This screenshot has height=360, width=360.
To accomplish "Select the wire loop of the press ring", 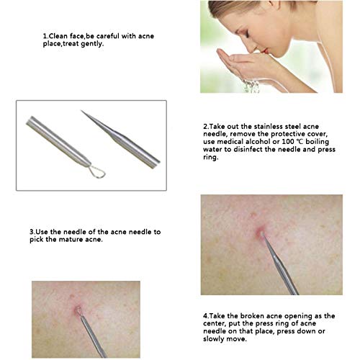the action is (96, 172).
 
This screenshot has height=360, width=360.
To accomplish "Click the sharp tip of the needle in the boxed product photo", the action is (81, 111).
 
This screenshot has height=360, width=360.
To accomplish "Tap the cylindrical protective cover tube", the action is (58, 141).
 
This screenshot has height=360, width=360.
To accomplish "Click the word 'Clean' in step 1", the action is (58, 36).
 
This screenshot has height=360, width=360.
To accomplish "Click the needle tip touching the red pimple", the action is (261, 233).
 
